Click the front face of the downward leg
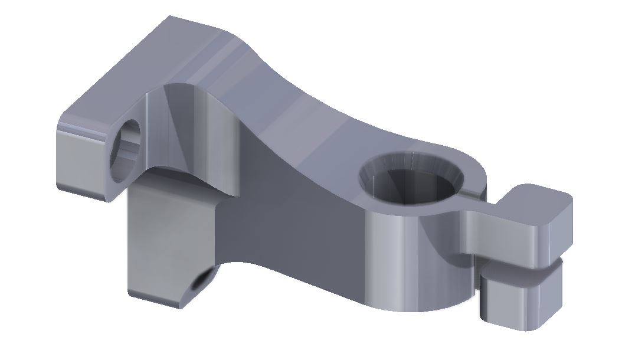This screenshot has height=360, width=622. [x=156, y=242]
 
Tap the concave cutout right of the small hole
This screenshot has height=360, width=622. [x=189, y=130]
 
